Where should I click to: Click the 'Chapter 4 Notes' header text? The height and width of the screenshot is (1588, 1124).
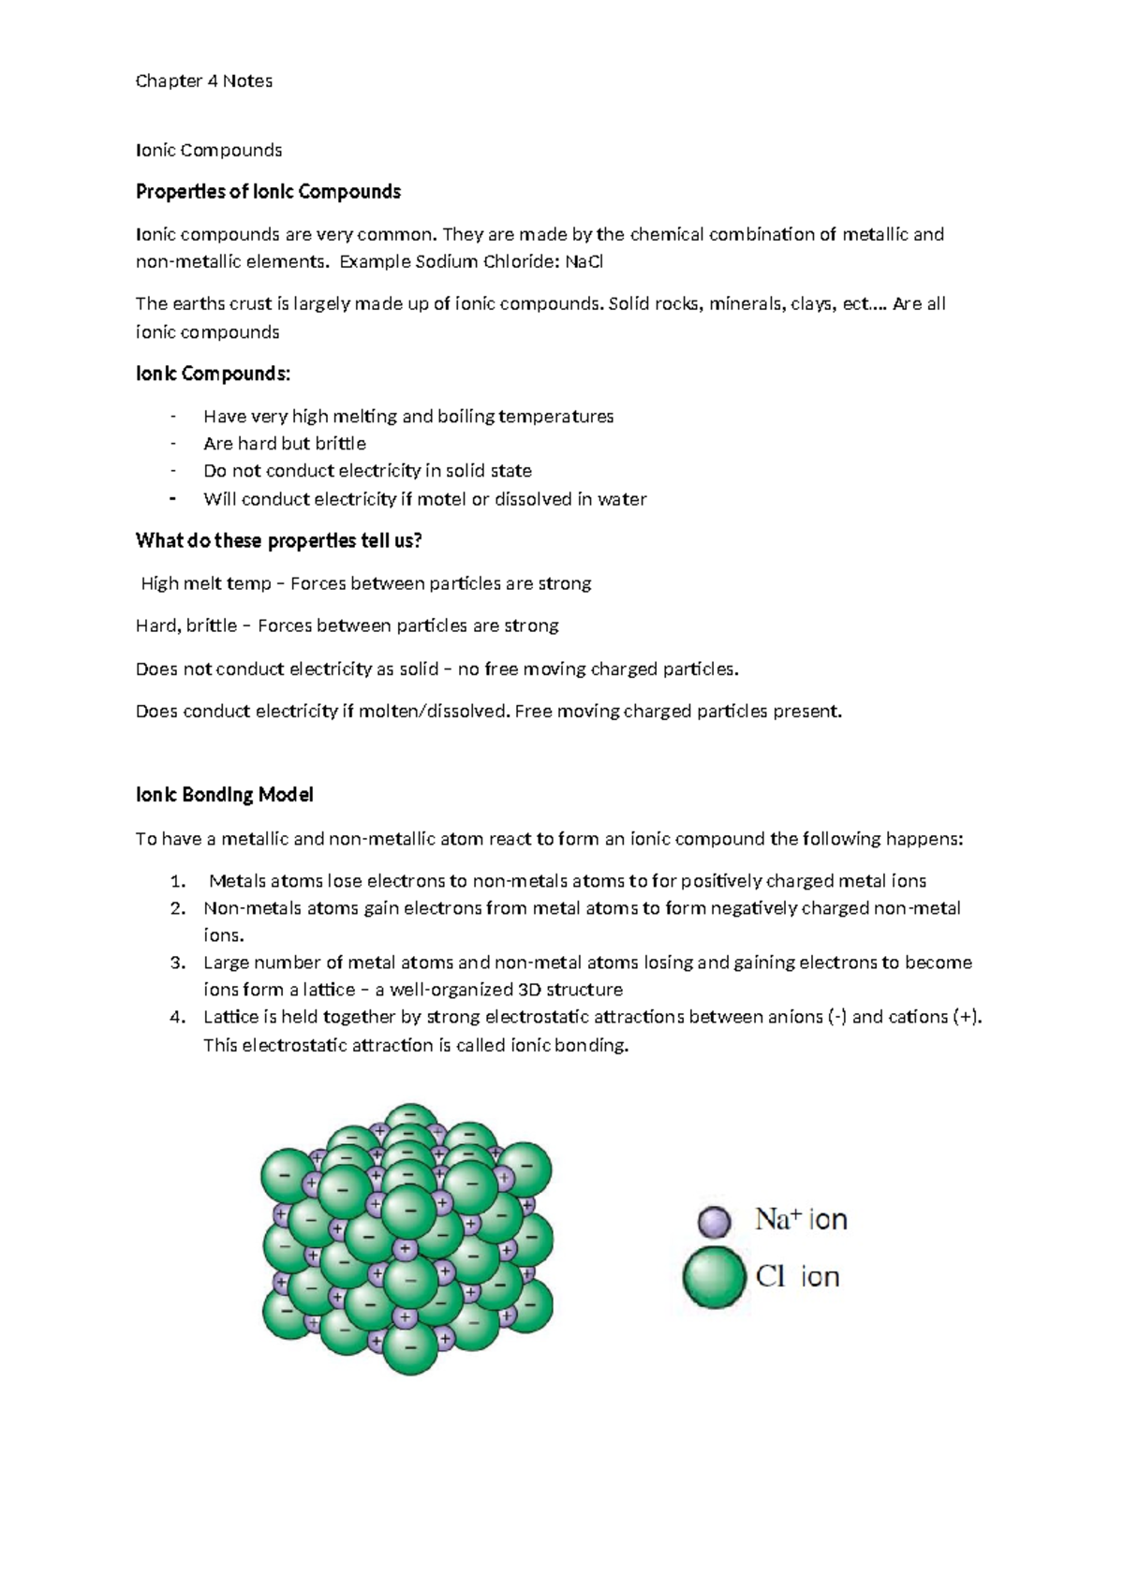pos(203,81)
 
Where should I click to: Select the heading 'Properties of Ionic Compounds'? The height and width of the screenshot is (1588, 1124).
pos(268,192)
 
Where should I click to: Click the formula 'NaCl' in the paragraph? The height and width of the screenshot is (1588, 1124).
pos(584,262)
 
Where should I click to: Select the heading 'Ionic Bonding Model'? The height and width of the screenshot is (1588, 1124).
pos(224,795)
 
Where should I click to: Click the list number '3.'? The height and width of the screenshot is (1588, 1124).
pos(178,963)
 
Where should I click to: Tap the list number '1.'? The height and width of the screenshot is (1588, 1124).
pos(178,881)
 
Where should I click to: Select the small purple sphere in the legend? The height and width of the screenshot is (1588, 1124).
pos(714,1221)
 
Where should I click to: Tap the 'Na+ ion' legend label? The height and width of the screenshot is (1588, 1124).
pos(801,1219)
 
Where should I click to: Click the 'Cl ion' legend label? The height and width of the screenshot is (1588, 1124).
pos(797,1276)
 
